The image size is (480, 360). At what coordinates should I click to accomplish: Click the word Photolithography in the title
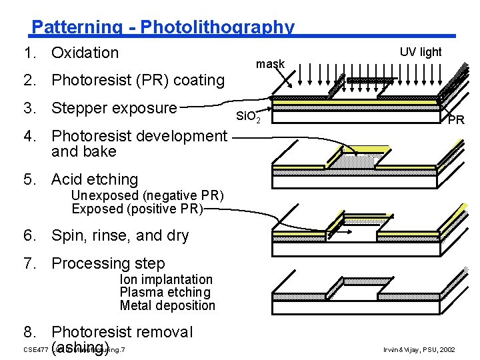point(217,27)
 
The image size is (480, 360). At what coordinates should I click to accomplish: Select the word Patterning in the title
point(77,27)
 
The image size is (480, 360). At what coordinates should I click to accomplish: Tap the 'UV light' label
point(421,52)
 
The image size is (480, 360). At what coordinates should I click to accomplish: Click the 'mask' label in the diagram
point(270,64)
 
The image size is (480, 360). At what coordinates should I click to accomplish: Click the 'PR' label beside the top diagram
point(456,120)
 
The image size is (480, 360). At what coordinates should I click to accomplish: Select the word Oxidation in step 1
point(85,53)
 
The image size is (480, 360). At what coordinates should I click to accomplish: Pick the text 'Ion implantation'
point(166,279)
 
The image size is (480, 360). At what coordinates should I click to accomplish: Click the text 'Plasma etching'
point(165,292)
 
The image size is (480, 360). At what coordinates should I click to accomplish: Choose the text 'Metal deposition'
point(167,305)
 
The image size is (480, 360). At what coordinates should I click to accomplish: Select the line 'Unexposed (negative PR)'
point(147,196)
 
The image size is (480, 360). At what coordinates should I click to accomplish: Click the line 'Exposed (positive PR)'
point(137,209)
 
